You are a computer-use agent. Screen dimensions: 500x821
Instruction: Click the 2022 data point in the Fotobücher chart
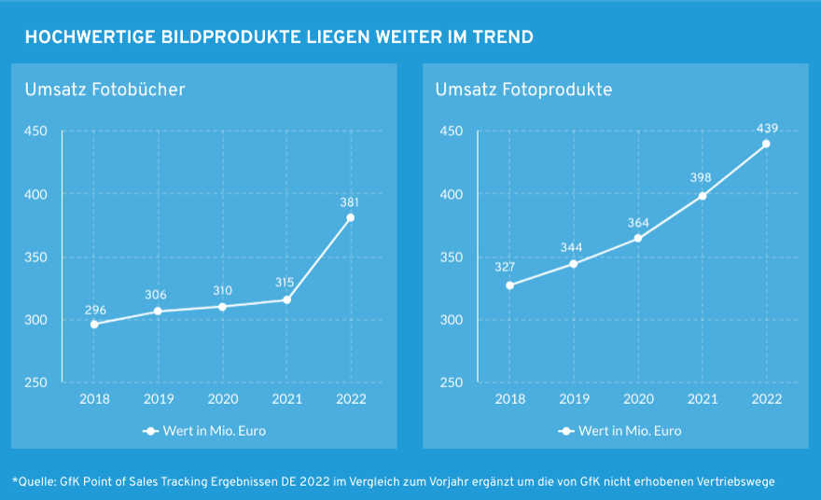[351, 218]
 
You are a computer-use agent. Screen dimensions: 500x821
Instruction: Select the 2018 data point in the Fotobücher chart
[94, 324]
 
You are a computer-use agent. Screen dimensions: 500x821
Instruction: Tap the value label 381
[351, 201]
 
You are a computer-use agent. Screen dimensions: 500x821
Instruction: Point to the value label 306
[157, 295]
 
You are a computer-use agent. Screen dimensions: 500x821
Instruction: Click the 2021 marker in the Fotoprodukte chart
[703, 196]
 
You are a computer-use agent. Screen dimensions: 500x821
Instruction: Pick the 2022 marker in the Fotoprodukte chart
[766, 144]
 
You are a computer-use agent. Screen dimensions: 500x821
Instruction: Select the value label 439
[767, 128]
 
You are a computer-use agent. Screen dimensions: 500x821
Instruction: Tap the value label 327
[506, 268]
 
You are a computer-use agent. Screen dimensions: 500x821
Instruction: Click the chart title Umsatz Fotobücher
[104, 90]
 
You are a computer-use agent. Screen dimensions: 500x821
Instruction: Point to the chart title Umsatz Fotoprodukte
[523, 90]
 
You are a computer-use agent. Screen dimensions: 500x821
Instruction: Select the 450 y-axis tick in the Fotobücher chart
[36, 131]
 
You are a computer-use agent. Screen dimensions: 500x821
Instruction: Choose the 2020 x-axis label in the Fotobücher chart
[222, 399]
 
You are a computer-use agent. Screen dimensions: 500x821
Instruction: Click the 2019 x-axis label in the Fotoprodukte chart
[574, 399]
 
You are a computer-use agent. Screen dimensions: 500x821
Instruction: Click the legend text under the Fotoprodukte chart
[630, 431]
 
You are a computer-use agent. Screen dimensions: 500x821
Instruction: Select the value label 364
[637, 222]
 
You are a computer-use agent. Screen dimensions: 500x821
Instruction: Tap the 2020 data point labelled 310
[222, 306]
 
